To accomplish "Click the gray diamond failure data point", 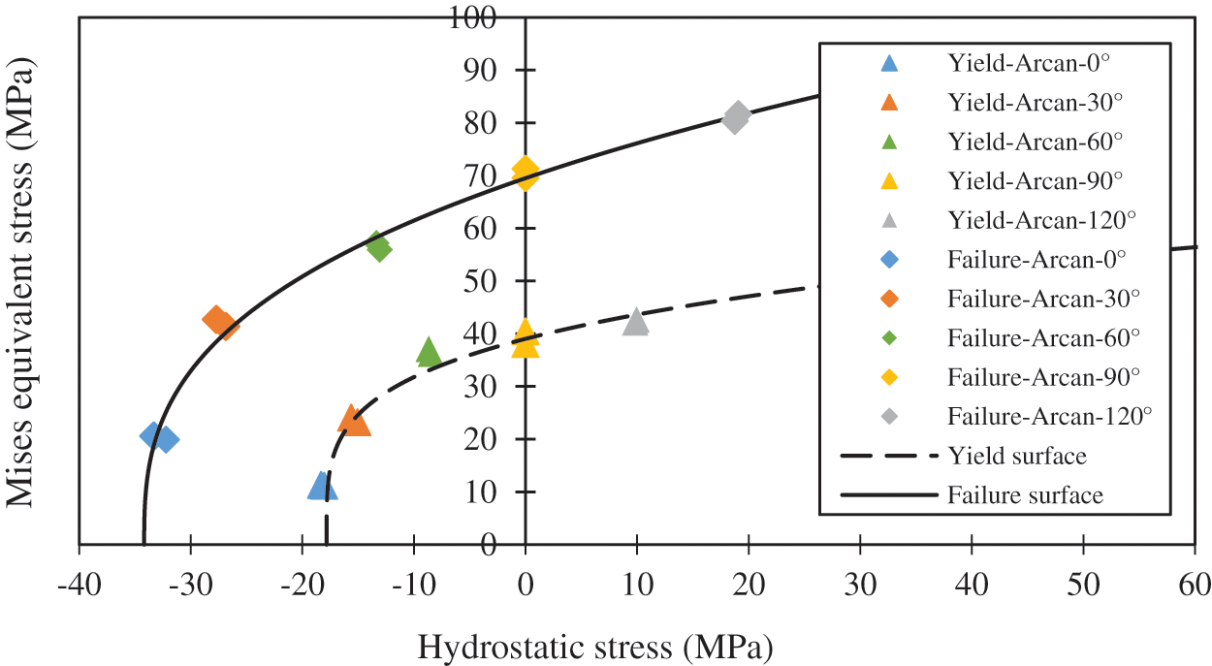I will (x=737, y=117).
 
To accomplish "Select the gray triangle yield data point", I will (x=635, y=322).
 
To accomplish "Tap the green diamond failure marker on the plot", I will (x=378, y=247).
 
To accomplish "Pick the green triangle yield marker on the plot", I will (x=429, y=353).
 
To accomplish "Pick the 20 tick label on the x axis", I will (x=749, y=586).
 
